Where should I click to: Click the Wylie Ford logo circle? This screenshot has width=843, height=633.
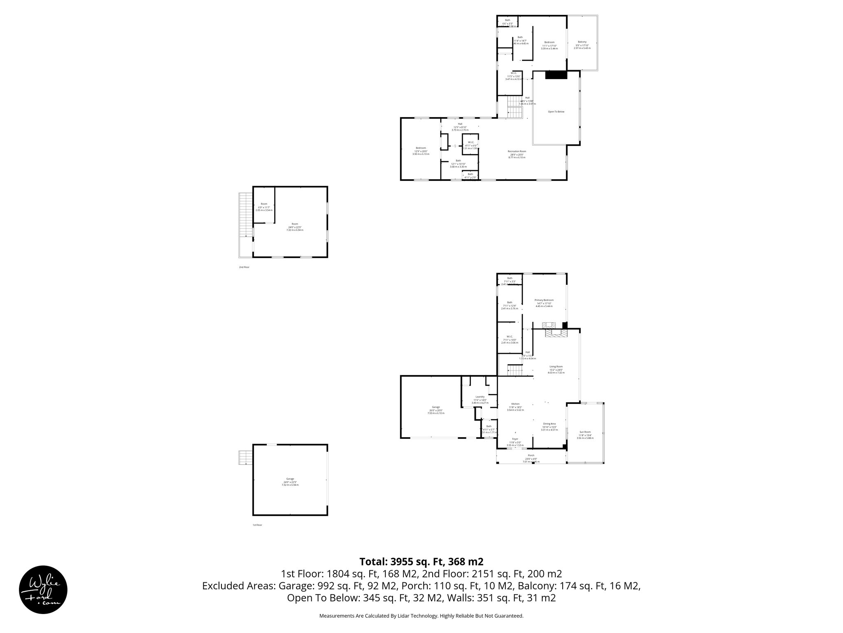tap(43, 589)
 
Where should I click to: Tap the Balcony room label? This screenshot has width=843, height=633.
tap(582, 42)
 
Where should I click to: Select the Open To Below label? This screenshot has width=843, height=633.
tap(556, 112)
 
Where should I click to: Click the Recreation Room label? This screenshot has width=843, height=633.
tap(517, 151)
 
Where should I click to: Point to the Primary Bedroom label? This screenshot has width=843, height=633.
tap(544, 300)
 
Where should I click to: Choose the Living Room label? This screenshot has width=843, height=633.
tap(556, 366)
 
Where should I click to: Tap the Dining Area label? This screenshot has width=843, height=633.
tap(549, 424)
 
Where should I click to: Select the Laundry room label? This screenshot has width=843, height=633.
tap(480, 397)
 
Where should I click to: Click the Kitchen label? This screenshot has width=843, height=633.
tap(515, 404)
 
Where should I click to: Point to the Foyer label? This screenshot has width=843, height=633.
tap(515, 439)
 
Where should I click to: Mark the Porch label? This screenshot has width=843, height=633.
tap(531, 455)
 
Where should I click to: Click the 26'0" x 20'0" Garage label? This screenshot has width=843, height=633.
tap(435, 407)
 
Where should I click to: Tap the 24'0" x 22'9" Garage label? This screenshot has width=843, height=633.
tap(290, 479)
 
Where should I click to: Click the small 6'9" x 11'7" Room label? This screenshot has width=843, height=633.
tap(264, 204)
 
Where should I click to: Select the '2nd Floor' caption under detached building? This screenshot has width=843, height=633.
tap(244, 267)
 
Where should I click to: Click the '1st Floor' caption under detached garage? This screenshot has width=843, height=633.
tap(257, 525)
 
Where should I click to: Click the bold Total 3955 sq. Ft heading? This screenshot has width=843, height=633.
tap(421, 562)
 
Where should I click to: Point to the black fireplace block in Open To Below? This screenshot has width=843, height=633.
tap(556, 75)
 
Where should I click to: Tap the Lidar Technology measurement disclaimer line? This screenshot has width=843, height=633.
tap(421, 616)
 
